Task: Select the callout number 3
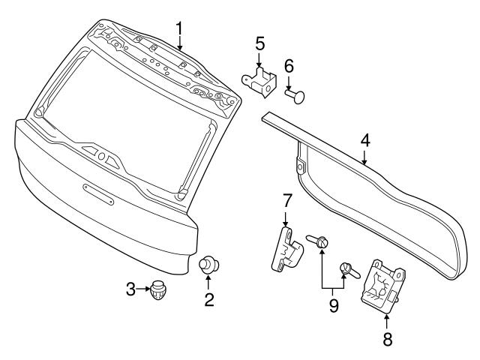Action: (130, 287)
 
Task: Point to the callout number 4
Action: (364, 139)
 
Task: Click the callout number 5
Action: (259, 43)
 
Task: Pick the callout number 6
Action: (289, 67)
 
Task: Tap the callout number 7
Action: (286, 200)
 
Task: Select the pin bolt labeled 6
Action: (295, 95)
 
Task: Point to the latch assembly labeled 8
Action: (384, 286)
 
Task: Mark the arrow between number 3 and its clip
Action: (143, 287)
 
